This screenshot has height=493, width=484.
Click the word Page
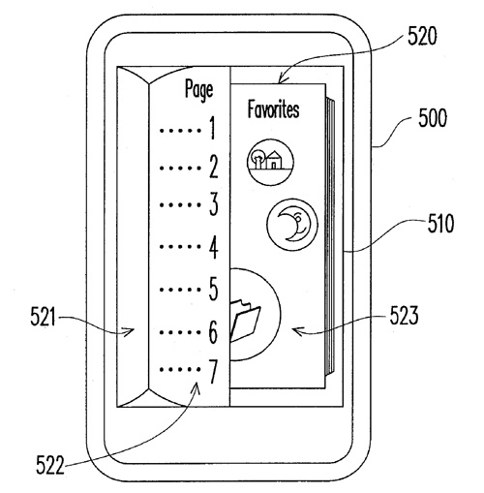pyautogui.click(x=198, y=90)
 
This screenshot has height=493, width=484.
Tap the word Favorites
pyautogui.click(x=273, y=109)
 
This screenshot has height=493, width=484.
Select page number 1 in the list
pyautogui.click(x=212, y=129)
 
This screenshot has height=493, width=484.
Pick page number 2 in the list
pyautogui.click(x=214, y=167)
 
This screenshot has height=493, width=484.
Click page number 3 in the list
pyautogui.click(x=214, y=204)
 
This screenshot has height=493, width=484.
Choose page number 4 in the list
pyautogui.click(x=213, y=247)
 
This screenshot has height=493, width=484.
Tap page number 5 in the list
pyautogui.click(x=214, y=289)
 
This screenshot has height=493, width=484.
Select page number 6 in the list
pyautogui.click(x=213, y=332)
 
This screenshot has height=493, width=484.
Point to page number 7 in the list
pyautogui.click(x=213, y=372)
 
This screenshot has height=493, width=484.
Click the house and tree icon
pyautogui.click(x=270, y=162)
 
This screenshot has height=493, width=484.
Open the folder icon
pyautogui.click(x=245, y=321)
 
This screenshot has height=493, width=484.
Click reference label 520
pyautogui.click(x=422, y=36)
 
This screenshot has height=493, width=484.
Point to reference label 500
pyautogui.click(x=433, y=118)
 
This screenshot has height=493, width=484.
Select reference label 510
pyautogui.click(x=440, y=224)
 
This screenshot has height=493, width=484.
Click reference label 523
pyautogui.click(x=405, y=316)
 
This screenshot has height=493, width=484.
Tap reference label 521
pyautogui.click(x=43, y=317)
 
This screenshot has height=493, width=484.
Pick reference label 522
pyautogui.click(x=50, y=465)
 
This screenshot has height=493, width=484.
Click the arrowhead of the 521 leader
pyautogui.click(x=132, y=330)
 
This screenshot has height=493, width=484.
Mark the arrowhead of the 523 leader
pyautogui.click(x=294, y=330)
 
